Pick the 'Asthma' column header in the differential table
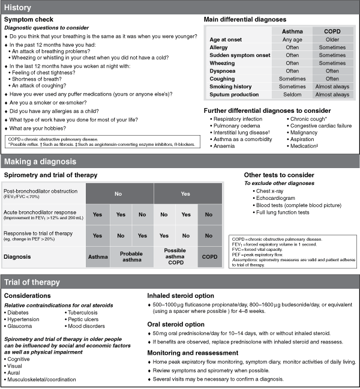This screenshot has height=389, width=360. pyautogui.click(x=292, y=31)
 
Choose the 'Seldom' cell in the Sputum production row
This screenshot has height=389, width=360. pyautogui.click(x=292, y=94)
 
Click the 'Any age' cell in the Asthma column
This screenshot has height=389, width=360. pyautogui.click(x=292, y=39)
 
